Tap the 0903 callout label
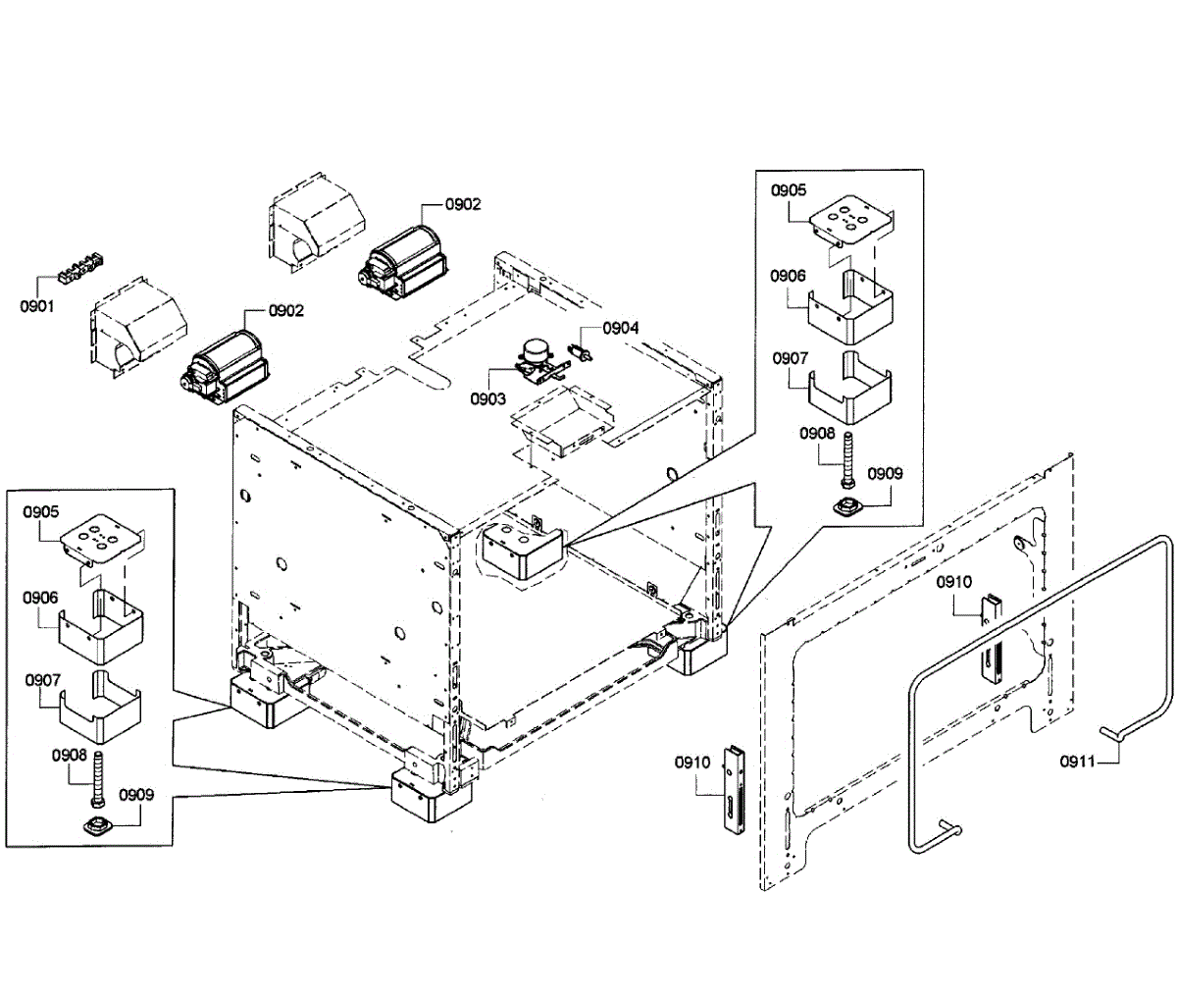click(487, 398)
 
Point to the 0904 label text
click(620, 328)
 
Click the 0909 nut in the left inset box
click(97, 824)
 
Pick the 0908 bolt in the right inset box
click(846, 460)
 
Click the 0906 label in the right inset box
click(789, 278)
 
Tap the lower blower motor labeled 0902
click(226, 364)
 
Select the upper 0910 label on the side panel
click(952, 582)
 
